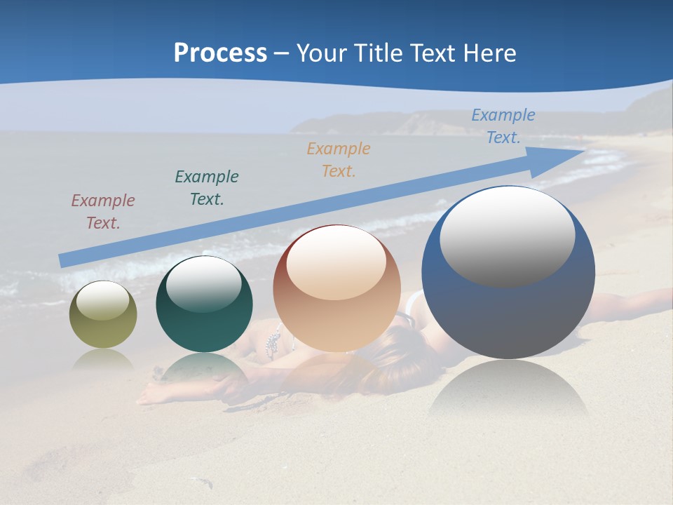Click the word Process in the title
[x=220, y=53]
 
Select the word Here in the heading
[x=491, y=53]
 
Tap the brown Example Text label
[x=102, y=212]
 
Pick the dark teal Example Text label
[x=207, y=188]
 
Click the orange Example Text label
[x=339, y=159]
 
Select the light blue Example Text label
[x=503, y=126]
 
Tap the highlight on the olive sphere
[x=102, y=300]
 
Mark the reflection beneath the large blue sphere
[x=508, y=389]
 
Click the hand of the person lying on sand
[x=149, y=396]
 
